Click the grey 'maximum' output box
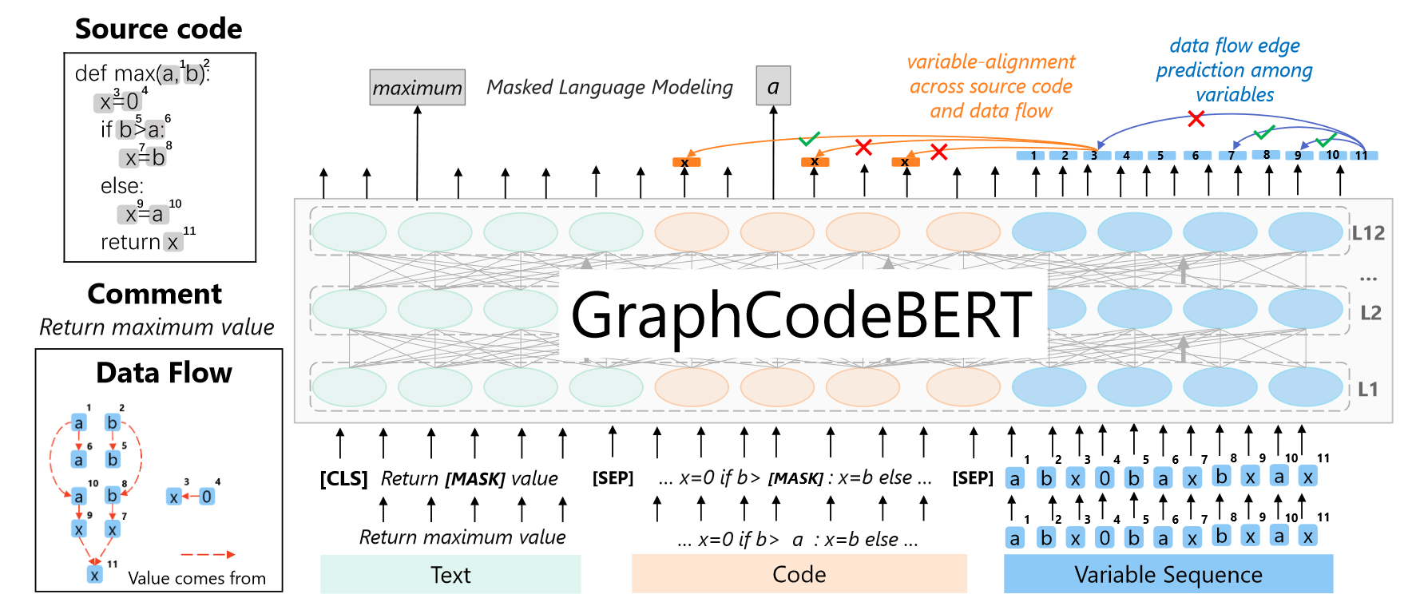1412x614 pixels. [x=417, y=87]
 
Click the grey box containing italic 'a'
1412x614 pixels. [x=772, y=85]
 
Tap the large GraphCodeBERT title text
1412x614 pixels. [x=801, y=315]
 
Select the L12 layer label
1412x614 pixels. [x=1368, y=233]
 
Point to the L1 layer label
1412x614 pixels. [x=1368, y=389]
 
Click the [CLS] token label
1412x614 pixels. [x=343, y=478]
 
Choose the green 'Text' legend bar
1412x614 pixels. [x=450, y=574]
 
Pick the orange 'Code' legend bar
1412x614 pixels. [x=799, y=574]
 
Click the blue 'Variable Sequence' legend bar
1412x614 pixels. [x=1168, y=574]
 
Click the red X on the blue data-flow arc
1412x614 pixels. [x=1196, y=119]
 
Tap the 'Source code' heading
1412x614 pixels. [x=158, y=29]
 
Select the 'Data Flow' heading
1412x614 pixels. [x=164, y=373]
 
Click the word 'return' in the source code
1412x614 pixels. [x=130, y=242]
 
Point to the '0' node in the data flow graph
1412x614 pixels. [x=207, y=497]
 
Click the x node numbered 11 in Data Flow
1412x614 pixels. [x=95, y=574]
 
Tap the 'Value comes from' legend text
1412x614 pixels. [x=196, y=578]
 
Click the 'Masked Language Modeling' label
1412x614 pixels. [x=609, y=87]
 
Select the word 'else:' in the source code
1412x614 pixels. [x=121, y=186]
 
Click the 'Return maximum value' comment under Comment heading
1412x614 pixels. [x=157, y=327]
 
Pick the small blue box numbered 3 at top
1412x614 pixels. [x=1094, y=156]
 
